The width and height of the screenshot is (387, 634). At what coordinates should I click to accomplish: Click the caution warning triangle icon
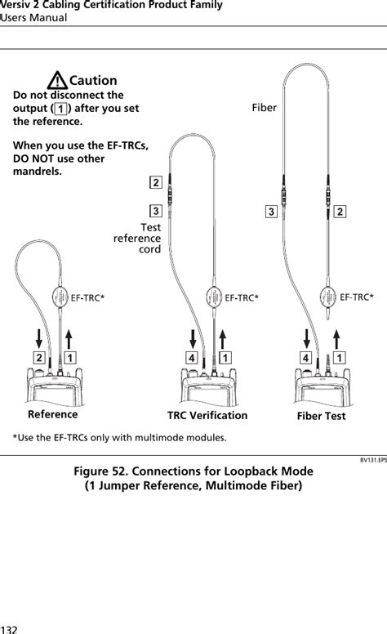(58, 81)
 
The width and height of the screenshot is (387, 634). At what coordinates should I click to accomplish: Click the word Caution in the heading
(93, 81)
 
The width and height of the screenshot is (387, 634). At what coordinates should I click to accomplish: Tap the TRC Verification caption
(207, 415)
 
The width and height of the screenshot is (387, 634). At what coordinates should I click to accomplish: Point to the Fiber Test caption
(318, 416)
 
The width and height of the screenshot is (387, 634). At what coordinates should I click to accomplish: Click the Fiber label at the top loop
(264, 107)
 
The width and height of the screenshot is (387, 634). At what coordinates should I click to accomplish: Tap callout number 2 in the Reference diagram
(38, 358)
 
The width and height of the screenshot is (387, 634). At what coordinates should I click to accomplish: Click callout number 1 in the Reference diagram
(72, 358)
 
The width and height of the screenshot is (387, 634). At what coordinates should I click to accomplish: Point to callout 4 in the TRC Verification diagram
(190, 358)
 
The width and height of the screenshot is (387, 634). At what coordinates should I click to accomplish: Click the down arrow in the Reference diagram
(39, 337)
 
